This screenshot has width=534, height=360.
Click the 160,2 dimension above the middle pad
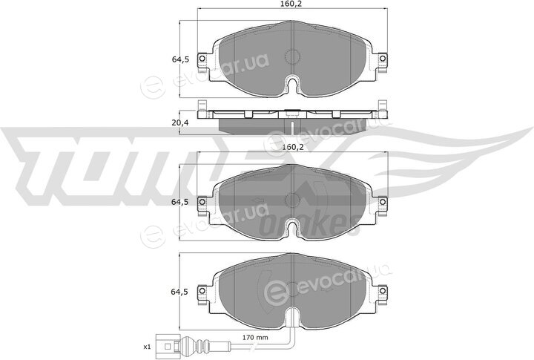[x=293, y=147]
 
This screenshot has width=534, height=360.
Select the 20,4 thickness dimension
[x=179, y=122]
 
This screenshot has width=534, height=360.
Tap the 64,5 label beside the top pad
[x=179, y=59]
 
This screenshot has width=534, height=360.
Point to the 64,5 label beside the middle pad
[x=179, y=202]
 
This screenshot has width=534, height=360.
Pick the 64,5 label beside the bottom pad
[x=179, y=292]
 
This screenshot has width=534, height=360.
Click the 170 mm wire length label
[x=255, y=338]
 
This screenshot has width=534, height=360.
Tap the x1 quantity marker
[x=146, y=347]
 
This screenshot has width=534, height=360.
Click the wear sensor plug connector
[x=167, y=347]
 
